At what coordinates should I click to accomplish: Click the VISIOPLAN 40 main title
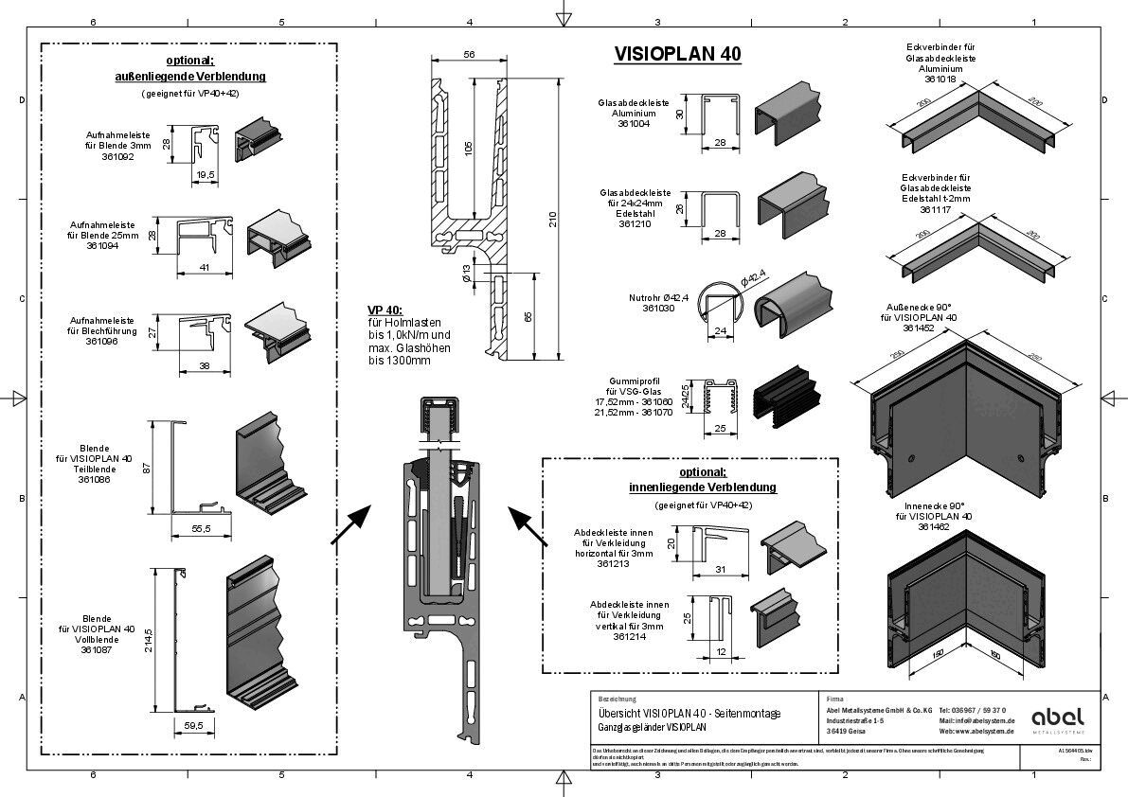(676, 54)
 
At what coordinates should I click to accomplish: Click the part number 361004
(633, 124)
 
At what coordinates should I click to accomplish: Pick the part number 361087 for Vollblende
(95, 650)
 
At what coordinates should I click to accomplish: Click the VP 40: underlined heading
(385, 310)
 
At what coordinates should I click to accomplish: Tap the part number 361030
(659, 308)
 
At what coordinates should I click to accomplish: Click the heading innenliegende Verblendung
(702, 487)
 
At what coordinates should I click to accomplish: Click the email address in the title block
(976, 720)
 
